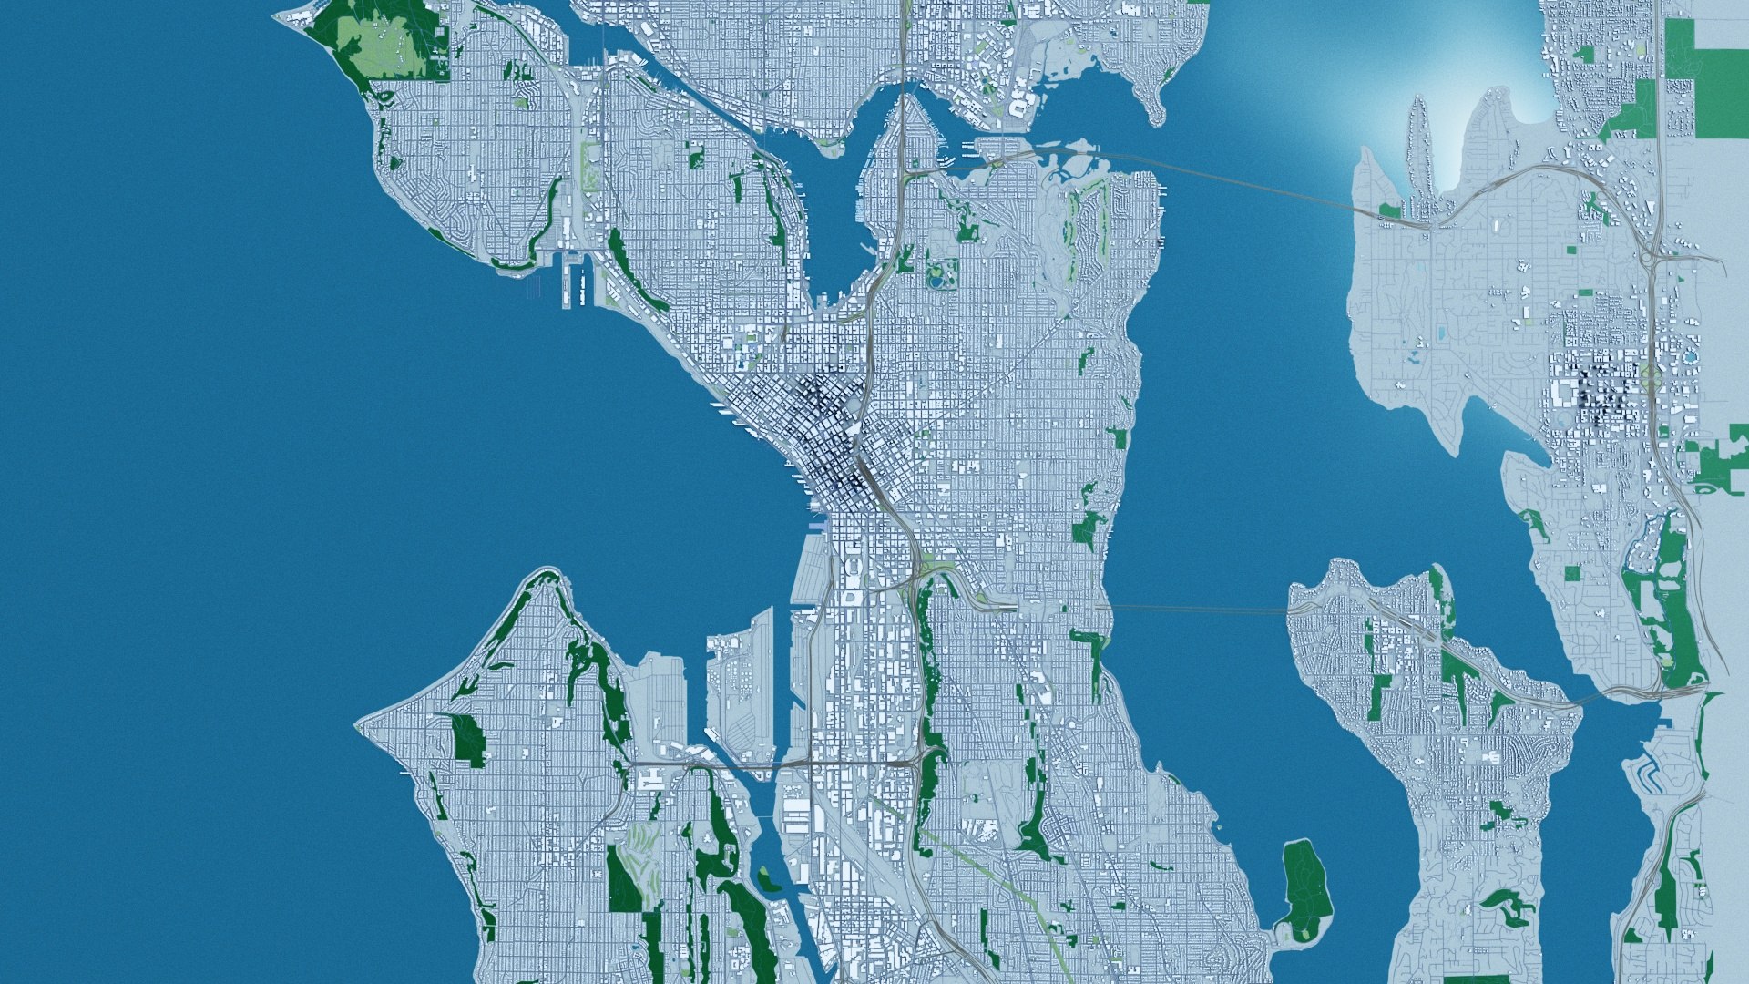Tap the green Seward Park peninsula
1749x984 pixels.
click(1304, 879)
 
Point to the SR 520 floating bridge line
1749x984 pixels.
click(1230, 178)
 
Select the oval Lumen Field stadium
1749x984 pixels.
click(851, 569)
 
